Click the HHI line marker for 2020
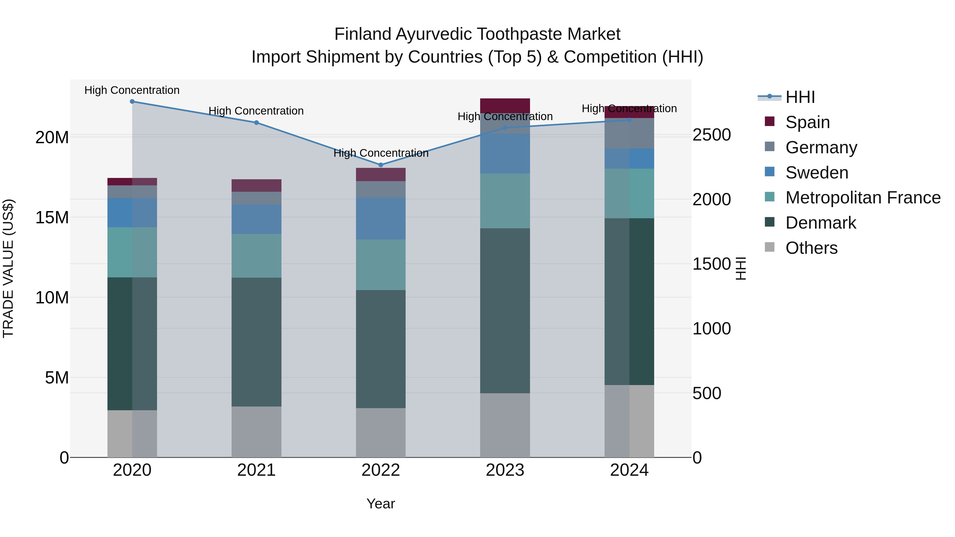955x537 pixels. (132, 102)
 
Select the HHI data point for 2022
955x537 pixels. (381, 165)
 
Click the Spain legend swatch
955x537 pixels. (770, 121)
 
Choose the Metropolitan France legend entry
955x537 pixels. (863, 198)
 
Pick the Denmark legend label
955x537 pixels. (821, 223)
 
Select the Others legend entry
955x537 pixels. (811, 248)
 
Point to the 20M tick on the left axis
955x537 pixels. (52, 137)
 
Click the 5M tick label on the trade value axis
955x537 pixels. (57, 378)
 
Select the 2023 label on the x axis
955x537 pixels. (505, 470)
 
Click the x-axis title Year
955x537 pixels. (381, 504)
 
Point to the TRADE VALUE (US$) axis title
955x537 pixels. (8, 268)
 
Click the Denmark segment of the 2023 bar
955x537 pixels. (505, 311)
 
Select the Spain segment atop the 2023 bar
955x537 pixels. (505, 106)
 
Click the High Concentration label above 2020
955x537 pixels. (132, 90)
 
